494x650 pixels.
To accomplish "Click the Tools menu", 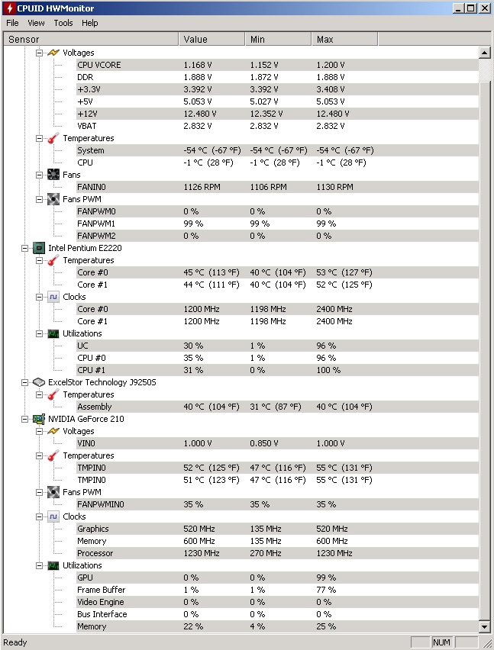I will [63, 23].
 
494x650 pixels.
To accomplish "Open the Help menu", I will [90, 23].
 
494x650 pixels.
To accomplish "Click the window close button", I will [484, 8].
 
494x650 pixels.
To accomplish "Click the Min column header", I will [257, 39].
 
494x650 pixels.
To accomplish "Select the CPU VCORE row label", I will [98, 65].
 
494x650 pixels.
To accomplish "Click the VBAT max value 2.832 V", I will [331, 126].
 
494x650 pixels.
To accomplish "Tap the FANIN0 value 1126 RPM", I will [201, 187].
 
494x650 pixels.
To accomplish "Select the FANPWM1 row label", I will [96, 224].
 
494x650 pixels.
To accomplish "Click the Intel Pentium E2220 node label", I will [86, 248].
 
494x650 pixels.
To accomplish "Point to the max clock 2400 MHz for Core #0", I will [334, 309].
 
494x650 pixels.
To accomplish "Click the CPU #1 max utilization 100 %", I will [328, 370].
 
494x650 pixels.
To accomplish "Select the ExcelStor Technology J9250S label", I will [102, 382].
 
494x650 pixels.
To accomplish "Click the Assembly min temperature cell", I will [277, 407].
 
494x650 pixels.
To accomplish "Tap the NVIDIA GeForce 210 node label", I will [86, 419].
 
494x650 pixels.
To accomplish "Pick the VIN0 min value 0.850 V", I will [265, 443].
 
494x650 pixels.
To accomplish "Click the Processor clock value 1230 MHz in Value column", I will [202, 553].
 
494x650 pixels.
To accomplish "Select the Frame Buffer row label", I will [101, 590].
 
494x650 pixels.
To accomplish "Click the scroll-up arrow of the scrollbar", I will [484, 53].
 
